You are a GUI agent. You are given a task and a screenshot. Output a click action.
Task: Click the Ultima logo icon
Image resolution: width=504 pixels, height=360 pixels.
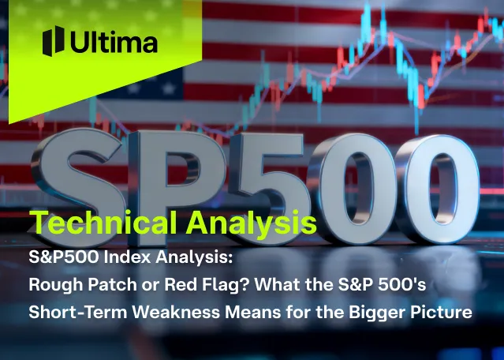[x=53, y=41]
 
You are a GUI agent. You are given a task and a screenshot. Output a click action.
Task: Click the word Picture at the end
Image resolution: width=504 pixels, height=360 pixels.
[x=440, y=313]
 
